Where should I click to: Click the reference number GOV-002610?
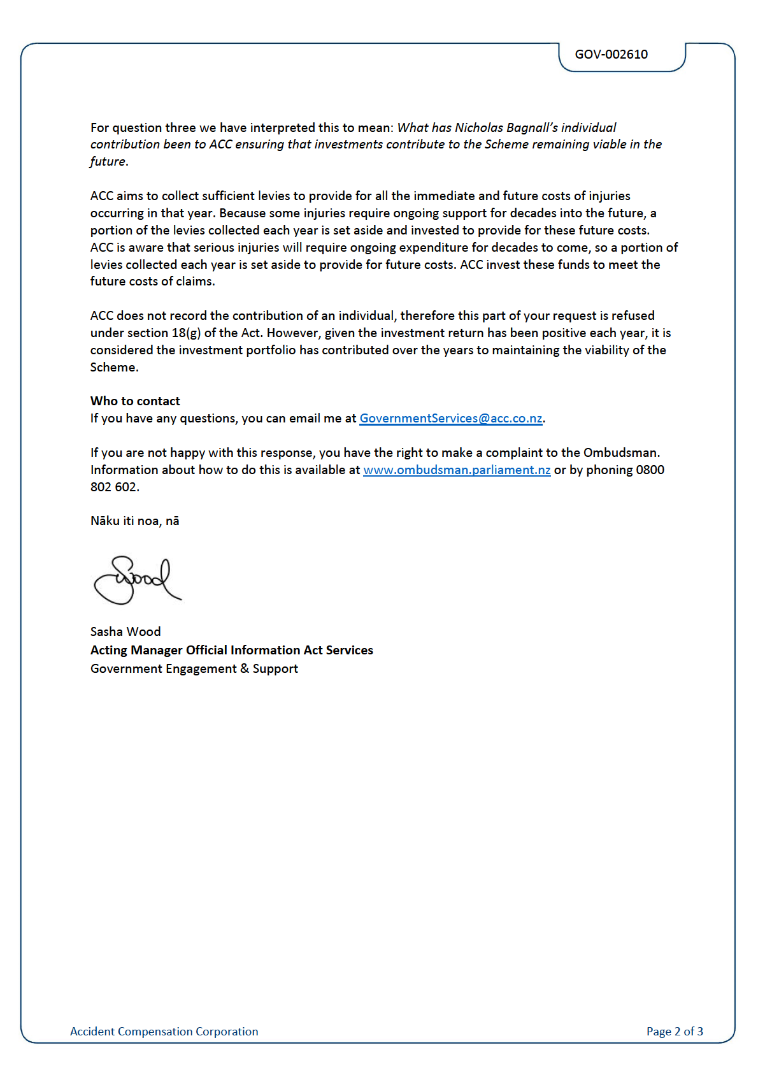[x=611, y=55]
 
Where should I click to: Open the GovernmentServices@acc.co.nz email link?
[x=450, y=419]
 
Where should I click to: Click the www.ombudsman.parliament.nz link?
[x=456, y=470]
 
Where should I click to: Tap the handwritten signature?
[x=137, y=580]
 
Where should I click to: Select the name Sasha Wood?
[x=125, y=632]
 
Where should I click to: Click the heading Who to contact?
[x=135, y=401]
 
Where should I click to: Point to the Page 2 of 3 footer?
[x=675, y=1032]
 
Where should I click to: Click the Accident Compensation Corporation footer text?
[x=164, y=1032]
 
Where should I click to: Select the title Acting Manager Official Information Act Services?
[x=231, y=651]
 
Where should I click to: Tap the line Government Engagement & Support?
[x=194, y=669]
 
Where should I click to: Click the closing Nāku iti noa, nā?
[x=134, y=521]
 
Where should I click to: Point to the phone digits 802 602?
[x=113, y=487]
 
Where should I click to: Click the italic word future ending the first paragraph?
[x=108, y=162]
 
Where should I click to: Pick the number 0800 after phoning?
[x=650, y=470]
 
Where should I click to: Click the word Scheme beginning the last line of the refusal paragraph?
[x=113, y=368]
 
